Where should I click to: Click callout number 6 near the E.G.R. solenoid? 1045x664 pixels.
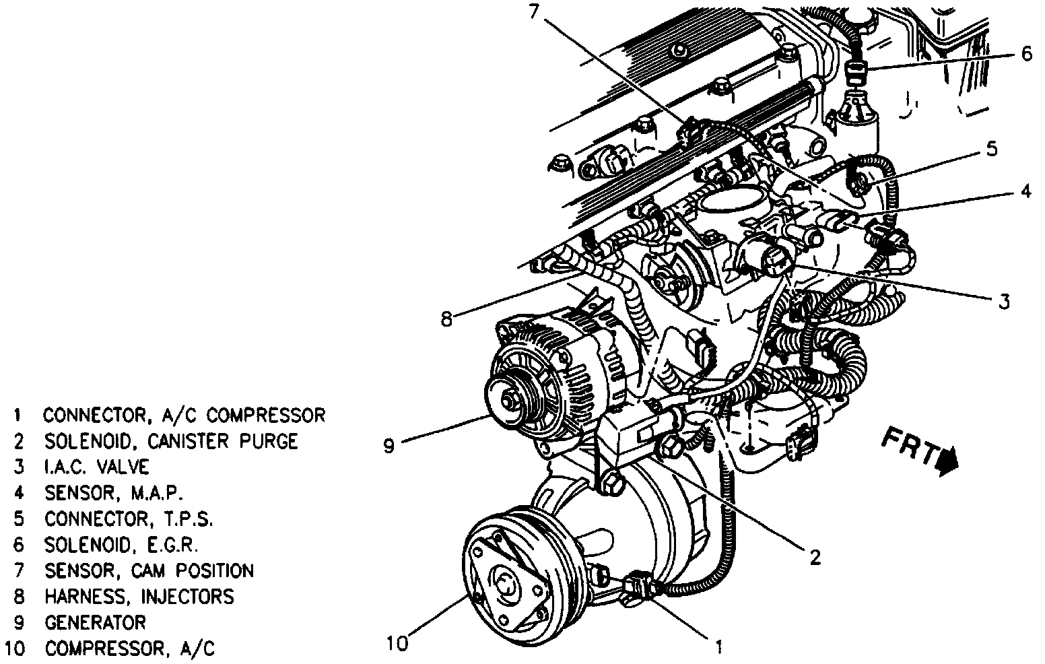click(1026, 54)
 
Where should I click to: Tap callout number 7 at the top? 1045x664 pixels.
click(534, 11)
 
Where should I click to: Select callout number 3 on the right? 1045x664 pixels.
click(1004, 302)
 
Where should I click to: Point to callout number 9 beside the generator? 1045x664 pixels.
click(389, 446)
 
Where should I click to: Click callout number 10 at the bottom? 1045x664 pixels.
click(397, 644)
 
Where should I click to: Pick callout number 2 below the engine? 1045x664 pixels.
click(815, 558)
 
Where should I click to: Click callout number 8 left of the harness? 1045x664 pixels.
click(446, 319)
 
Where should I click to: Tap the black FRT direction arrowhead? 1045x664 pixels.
click(948, 464)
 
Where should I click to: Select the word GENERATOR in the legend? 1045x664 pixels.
click(95, 622)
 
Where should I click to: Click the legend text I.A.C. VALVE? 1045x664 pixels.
click(97, 467)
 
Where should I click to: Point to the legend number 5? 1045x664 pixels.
click(19, 519)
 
